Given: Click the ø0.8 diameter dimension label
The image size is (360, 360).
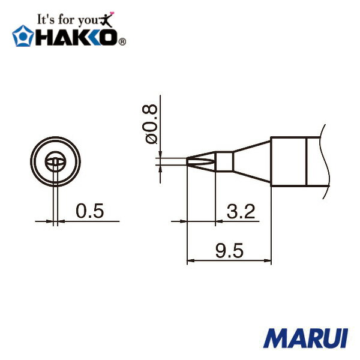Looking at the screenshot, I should coord(151,123).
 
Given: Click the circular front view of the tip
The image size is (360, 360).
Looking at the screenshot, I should coord(55,161).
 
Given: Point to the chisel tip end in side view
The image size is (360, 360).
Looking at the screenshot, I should coord(193,161).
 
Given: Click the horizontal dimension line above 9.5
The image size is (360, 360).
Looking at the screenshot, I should coord(229,262).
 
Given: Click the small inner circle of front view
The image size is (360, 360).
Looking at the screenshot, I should coord(55,161).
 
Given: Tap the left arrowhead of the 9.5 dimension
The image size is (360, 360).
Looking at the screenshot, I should coord(191,262).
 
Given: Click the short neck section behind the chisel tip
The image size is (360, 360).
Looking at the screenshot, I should coord(224,161).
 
